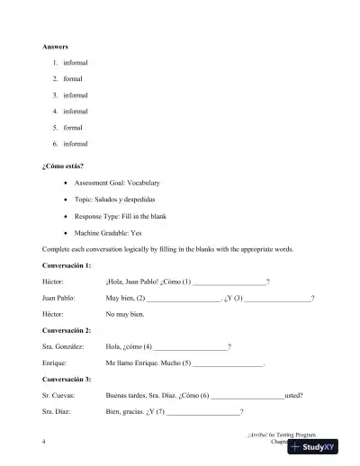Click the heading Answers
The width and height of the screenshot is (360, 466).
pyautogui.click(x=55, y=45)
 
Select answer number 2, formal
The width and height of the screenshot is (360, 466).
pyautogui.click(x=73, y=78)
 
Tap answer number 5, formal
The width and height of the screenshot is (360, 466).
pyautogui.click(x=73, y=127)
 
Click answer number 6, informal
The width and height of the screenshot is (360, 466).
pyautogui.click(x=76, y=143)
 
